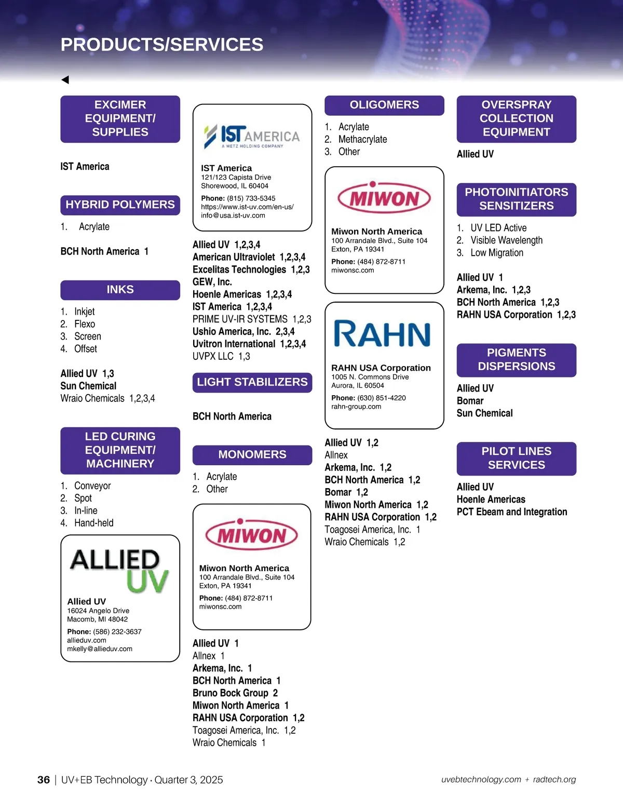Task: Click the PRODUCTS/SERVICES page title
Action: pyautogui.click(x=161, y=45)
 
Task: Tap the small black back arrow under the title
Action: pyautogui.click(x=65, y=80)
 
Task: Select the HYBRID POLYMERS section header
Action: pyautogui.click(x=120, y=205)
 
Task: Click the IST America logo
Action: pyautogui.click(x=252, y=136)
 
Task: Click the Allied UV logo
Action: pyautogui.click(x=119, y=570)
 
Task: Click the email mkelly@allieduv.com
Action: pyautogui.click(x=100, y=649)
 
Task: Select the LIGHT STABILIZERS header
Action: pyautogui.click(x=252, y=382)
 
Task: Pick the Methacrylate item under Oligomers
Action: pyautogui.click(x=362, y=139)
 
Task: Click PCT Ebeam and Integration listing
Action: pyautogui.click(x=511, y=512)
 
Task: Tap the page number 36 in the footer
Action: pyautogui.click(x=44, y=780)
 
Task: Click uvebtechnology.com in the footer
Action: pyautogui.click(x=481, y=779)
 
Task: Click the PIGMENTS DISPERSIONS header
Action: pyautogui.click(x=516, y=359)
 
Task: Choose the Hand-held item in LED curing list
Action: pyautogui.click(x=93, y=523)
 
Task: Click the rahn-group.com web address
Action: pyautogui.click(x=356, y=407)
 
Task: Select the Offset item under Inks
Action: pyautogui.click(x=85, y=349)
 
